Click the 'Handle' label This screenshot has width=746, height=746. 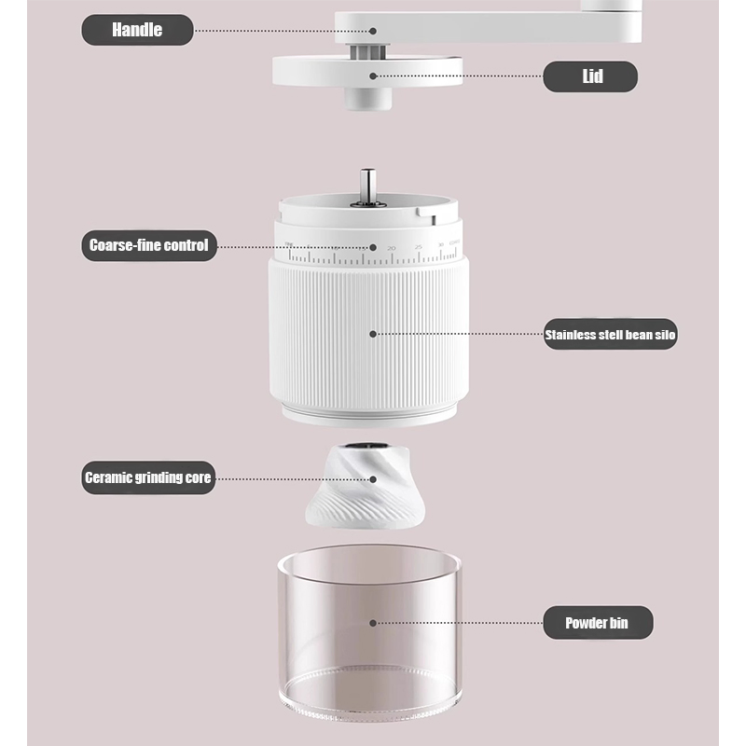tap(137, 30)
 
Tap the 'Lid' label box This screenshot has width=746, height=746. tap(591, 76)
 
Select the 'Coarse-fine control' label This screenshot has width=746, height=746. tap(148, 247)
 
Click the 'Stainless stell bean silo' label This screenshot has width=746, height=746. tap(610, 333)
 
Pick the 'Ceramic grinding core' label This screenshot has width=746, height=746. tap(148, 478)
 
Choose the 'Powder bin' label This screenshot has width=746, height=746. tap(597, 623)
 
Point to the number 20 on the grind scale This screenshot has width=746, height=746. tap(392, 248)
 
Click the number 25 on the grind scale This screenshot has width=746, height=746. tap(418, 247)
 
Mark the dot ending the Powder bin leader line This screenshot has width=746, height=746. tap(372, 622)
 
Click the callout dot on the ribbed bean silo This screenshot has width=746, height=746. tap(372, 333)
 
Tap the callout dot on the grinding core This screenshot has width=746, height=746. tap(372, 478)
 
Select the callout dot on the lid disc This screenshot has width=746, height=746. tap(372, 76)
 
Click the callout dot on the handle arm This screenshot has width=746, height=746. tap(372, 30)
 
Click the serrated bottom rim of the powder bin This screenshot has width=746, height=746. tap(369, 704)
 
